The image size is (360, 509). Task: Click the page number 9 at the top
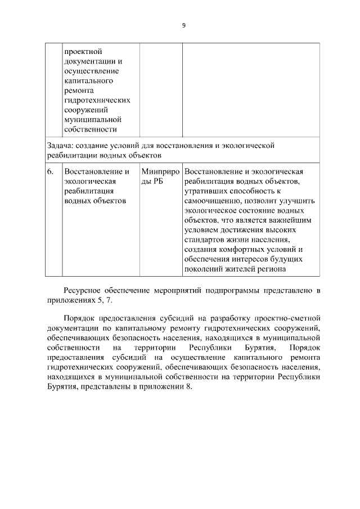coord(183,25)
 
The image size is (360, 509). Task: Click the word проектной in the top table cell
coord(82,50)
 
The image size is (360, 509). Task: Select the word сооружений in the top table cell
coord(85,110)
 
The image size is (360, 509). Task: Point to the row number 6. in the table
coord(51,171)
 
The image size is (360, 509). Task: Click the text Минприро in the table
coord(161,171)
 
